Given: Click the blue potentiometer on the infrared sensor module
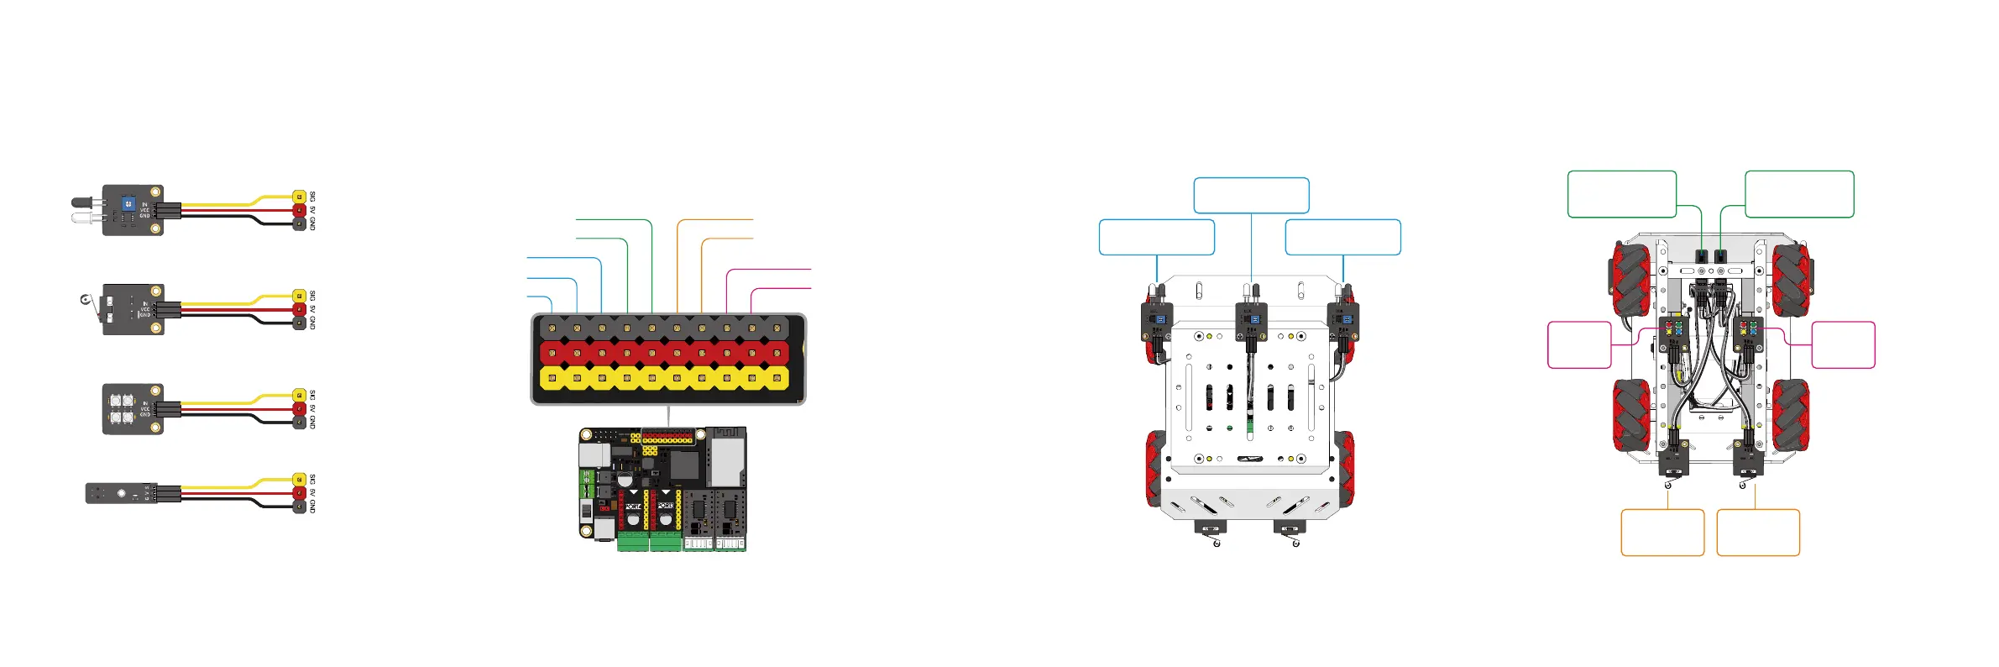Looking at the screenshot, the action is [x=128, y=203].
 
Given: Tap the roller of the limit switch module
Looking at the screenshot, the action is [x=84, y=300].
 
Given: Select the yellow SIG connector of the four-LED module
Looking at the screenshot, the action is [x=299, y=395].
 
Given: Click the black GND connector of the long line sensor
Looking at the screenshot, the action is [x=299, y=507].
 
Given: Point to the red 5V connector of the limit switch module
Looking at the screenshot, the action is [x=299, y=309].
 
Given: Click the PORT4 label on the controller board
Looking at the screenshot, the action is [x=633, y=507].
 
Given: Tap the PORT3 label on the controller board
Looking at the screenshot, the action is [x=666, y=506].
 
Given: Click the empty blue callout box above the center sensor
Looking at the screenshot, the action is [x=1251, y=195].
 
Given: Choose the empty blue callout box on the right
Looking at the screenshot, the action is [x=1342, y=237].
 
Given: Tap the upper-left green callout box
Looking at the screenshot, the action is [x=1621, y=194].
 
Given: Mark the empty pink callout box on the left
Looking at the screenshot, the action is [x=1578, y=344].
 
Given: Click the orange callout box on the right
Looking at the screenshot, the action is [x=1758, y=532].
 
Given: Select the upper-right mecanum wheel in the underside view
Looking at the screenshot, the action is [x=1791, y=279].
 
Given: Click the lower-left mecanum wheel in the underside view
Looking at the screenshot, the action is [x=1631, y=415].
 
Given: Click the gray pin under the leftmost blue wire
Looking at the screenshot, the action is [x=552, y=326].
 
